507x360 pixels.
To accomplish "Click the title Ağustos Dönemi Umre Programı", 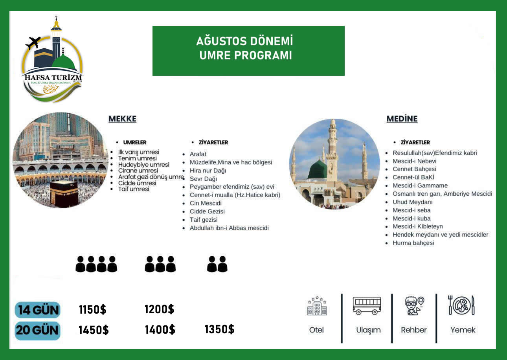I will point(248,49).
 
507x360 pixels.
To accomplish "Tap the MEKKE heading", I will point(122,119).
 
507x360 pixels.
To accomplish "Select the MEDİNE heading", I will point(402,119).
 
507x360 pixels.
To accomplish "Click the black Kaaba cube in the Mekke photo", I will point(64,193).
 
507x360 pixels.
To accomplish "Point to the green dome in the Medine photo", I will point(318,170).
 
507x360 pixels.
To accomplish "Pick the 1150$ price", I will point(92,310).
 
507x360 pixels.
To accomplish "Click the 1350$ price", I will point(219,329).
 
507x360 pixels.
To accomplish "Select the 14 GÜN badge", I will point(38,310).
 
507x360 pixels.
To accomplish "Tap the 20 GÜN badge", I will point(38,331).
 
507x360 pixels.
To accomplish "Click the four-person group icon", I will point(96,264).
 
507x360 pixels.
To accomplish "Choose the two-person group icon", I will point(217,264).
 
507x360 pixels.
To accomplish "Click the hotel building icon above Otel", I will point(317,306).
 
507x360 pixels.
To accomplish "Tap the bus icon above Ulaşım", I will point(367,306).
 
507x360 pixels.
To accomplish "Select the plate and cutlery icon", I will point(462,305).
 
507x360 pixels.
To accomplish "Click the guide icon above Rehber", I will point(414,305).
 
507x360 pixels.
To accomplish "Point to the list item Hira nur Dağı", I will point(208,171).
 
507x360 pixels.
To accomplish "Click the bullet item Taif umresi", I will point(134,189).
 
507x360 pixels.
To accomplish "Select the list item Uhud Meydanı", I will point(412,202).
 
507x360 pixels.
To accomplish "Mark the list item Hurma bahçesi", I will point(413,243).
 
